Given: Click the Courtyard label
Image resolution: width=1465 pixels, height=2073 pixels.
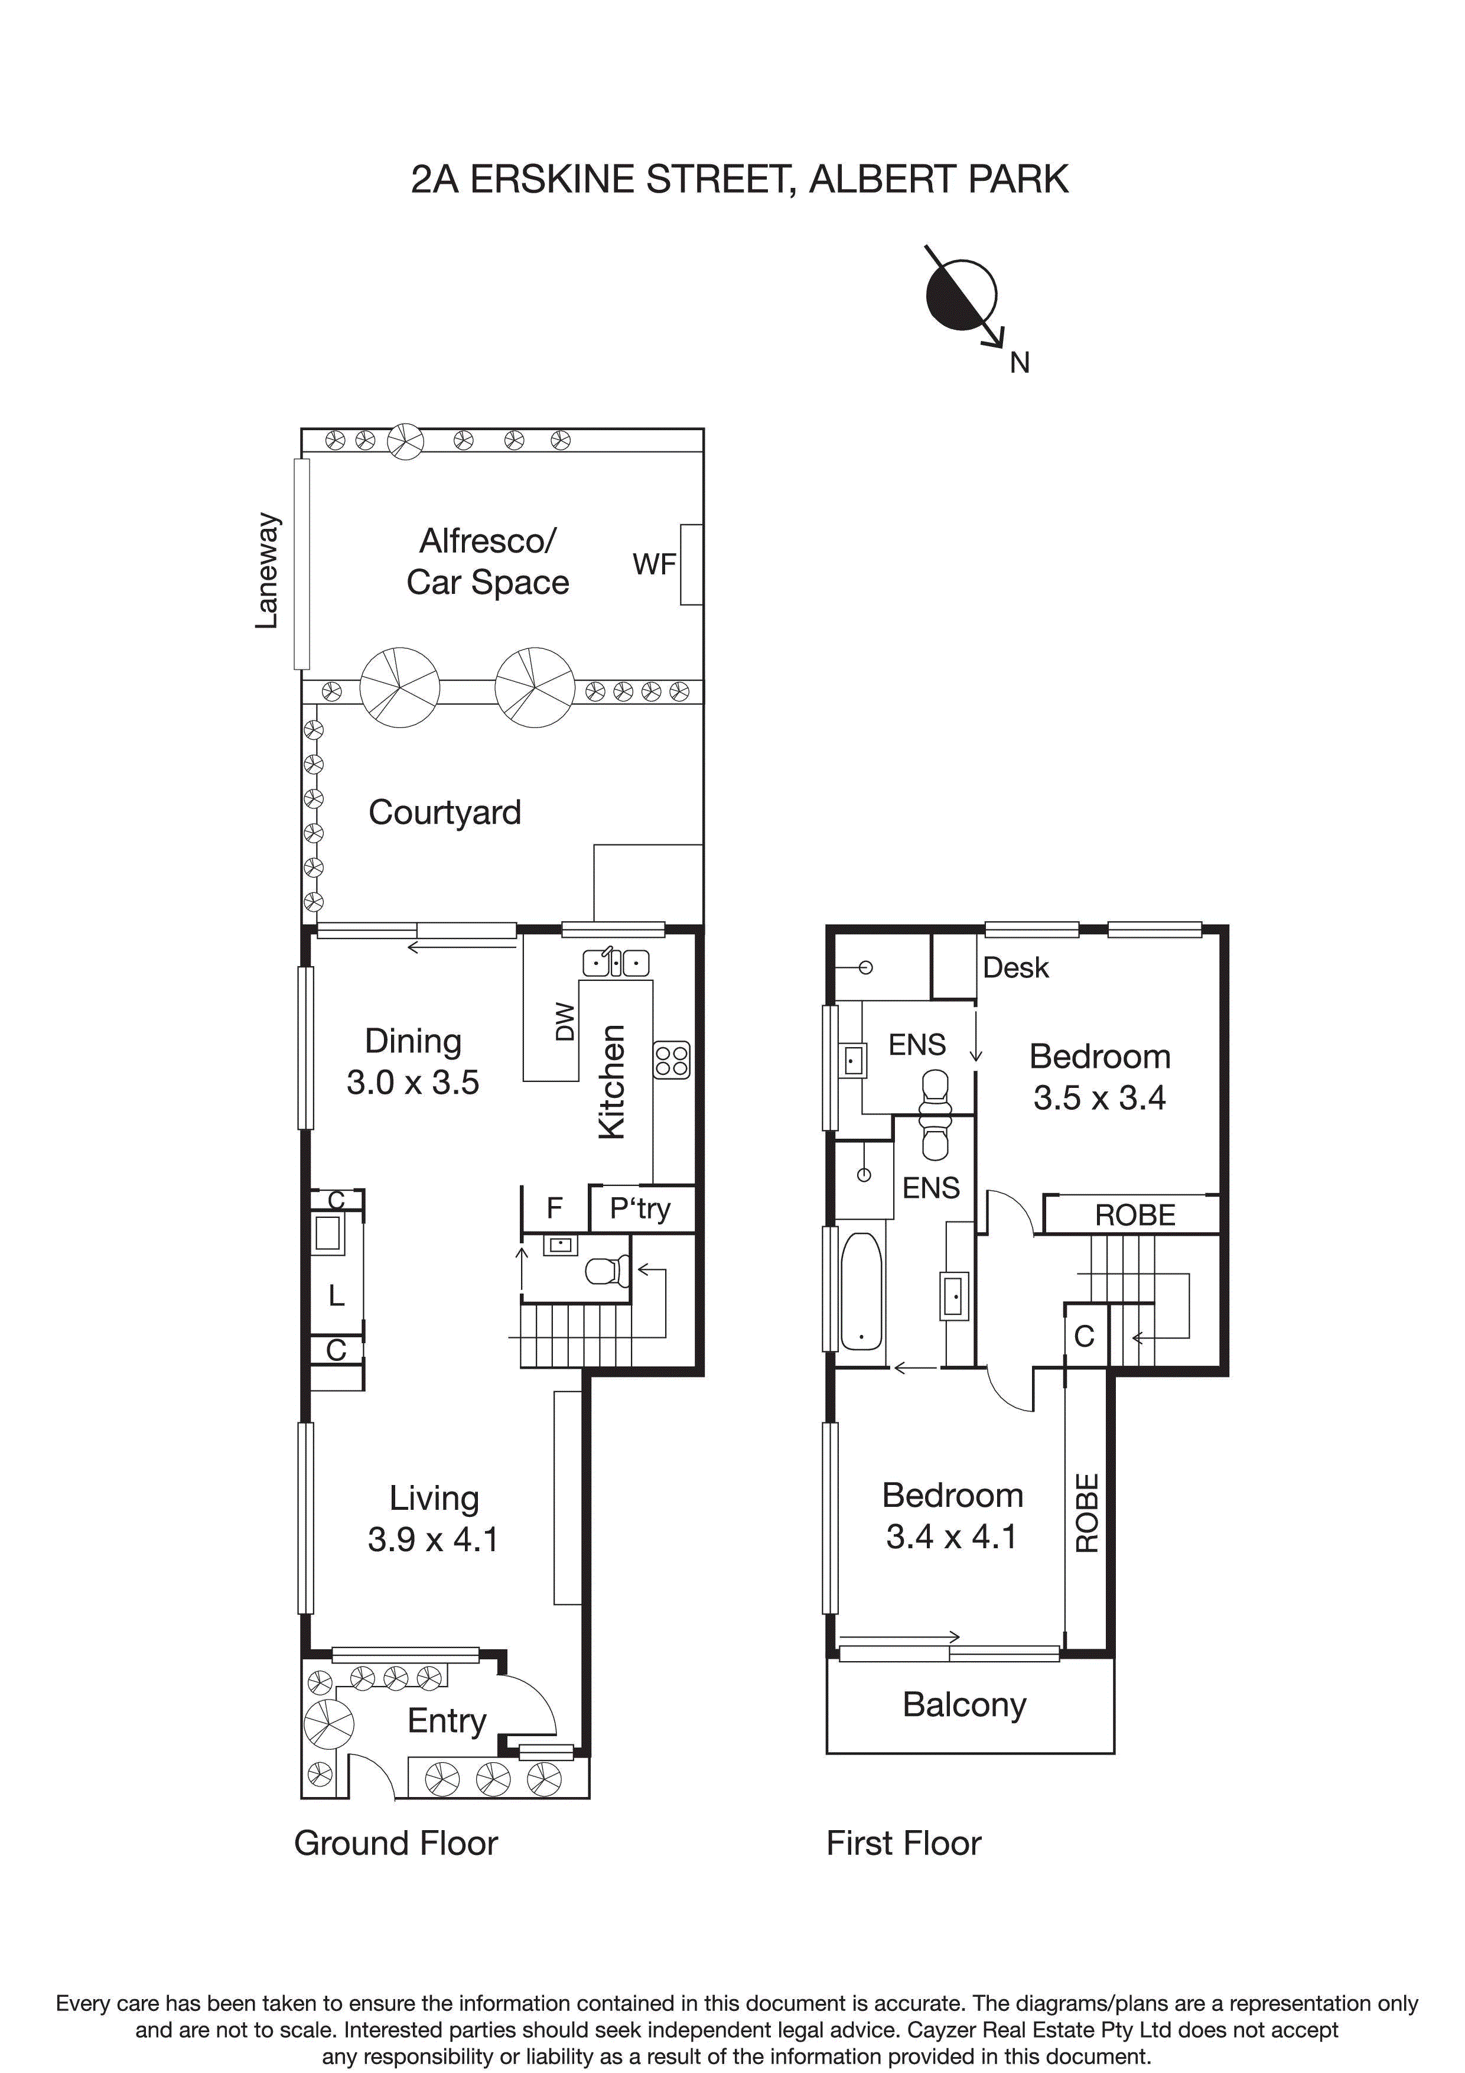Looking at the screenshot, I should coord(444,813).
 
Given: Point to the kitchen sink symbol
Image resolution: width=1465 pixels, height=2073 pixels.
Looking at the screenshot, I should coord(616,963).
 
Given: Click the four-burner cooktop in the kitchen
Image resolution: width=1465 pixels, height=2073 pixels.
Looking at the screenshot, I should coord(672,1060).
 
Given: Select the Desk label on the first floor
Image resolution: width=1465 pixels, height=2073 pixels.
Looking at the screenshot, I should coord(1015,968).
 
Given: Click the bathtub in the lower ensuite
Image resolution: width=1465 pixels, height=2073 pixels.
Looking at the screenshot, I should coord(861,1291).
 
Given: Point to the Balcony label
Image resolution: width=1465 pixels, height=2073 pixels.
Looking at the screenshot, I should coord(964,1705).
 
